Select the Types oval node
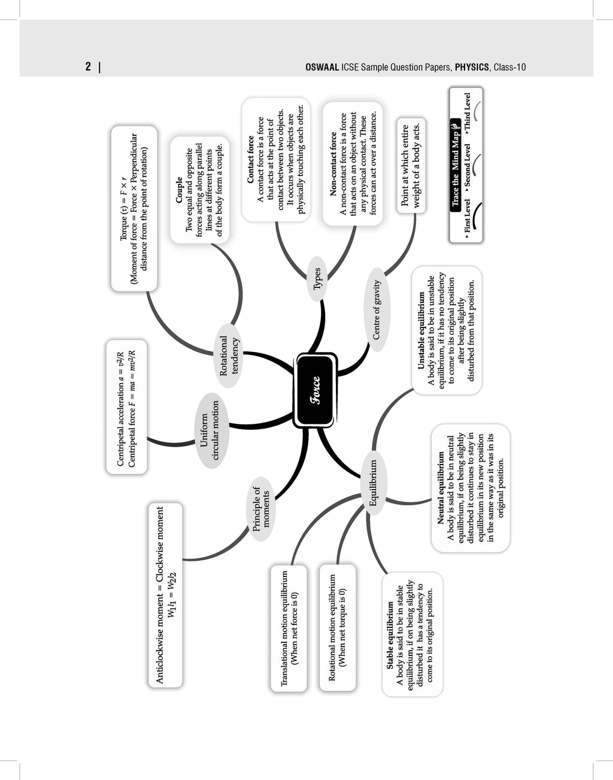pyautogui.click(x=317, y=278)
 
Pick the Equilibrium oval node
pyautogui.click(x=374, y=483)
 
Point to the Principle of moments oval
pyautogui.click(x=261, y=509)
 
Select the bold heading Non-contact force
pyautogui.click(x=333, y=163)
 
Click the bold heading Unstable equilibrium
pyautogui.click(x=421, y=330)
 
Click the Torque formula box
pyautogui.click(x=134, y=208)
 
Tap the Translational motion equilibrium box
pyautogui.click(x=289, y=628)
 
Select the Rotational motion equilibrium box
pyautogui.click(x=338, y=627)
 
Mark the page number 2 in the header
pyautogui.click(x=88, y=67)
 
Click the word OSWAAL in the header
pyautogui.click(x=322, y=67)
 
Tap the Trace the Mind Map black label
pyautogui.click(x=455, y=163)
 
